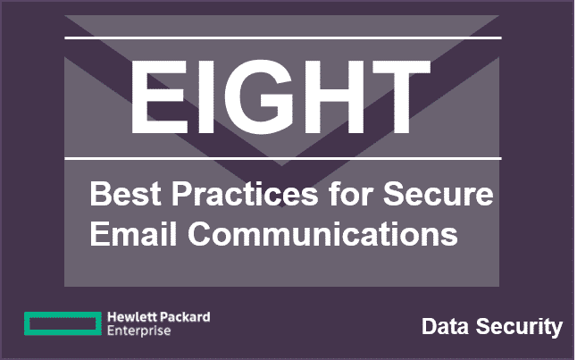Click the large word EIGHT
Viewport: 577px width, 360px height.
click(x=280, y=96)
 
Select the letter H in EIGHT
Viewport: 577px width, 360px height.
click(x=334, y=96)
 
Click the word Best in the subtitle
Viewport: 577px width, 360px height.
click(x=125, y=194)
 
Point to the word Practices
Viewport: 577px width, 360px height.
click(x=245, y=194)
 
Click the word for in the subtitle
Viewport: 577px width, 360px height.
click(x=351, y=194)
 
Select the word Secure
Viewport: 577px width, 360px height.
click(x=438, y=194)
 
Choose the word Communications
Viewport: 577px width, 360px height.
click(x=323, y=233)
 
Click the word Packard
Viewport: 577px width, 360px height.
click(x=186, y=317)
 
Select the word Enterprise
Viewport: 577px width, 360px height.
click(x=139, y=331)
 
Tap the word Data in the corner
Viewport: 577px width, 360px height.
click(x=446, y=327)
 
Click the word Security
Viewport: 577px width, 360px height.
click(x=519, y=327)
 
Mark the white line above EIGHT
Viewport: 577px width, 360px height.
click(x=283, y=38)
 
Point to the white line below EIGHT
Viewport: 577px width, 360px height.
click(x=283, y=159)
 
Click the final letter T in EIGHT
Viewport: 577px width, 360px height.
click(x=401, y=96)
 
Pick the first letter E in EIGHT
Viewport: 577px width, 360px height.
click(x=159, y=96)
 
